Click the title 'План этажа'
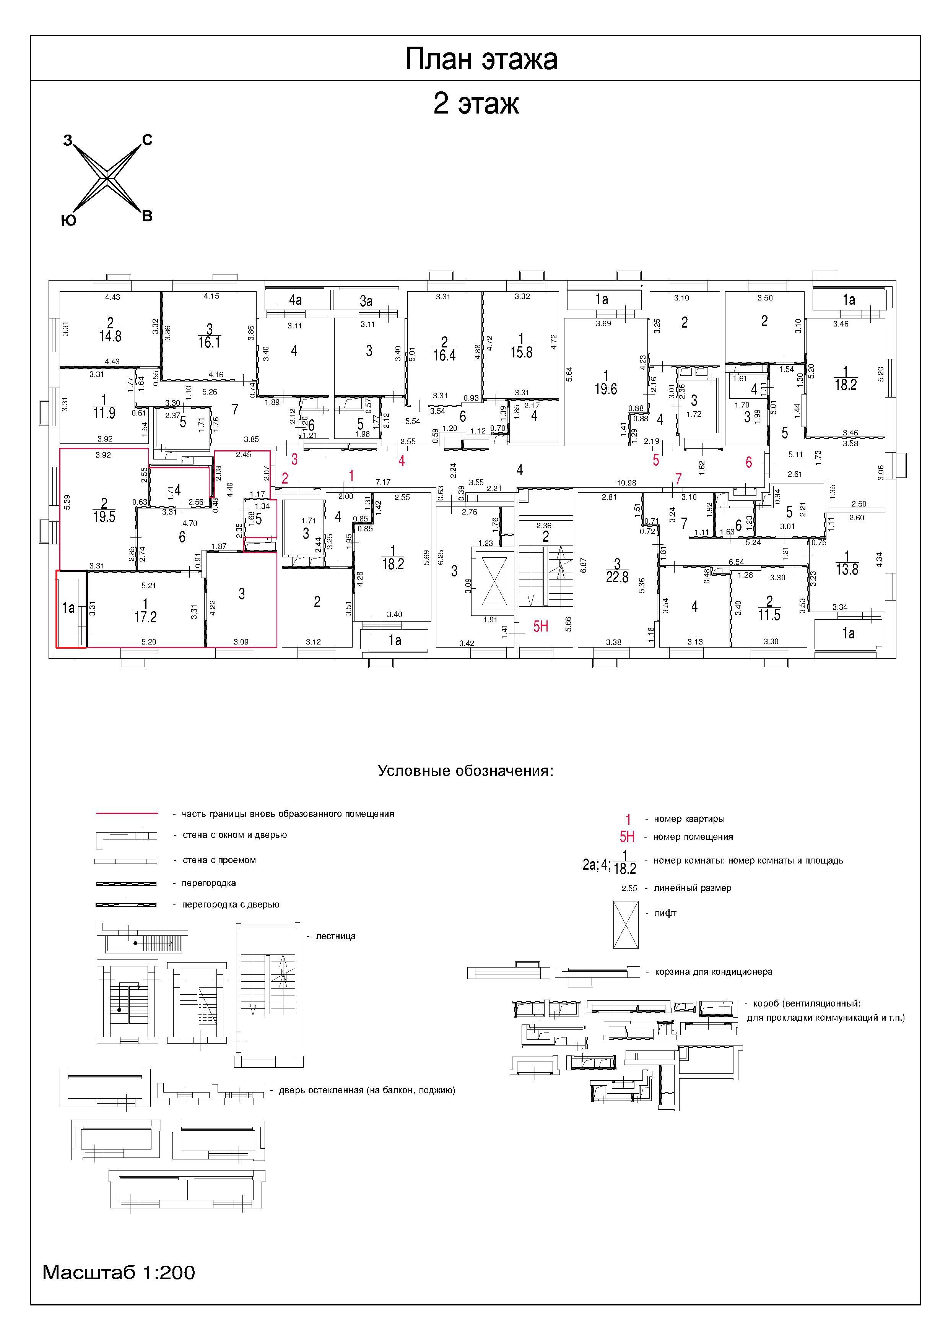(481, 59)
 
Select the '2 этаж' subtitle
(476, 104)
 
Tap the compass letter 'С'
(147, 140)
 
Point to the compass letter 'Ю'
(68, 220)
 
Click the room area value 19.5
(104, 517)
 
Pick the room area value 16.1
(209, 342)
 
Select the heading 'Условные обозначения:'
(465, 771)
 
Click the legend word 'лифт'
(665, 913)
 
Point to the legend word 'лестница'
(335, 936)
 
